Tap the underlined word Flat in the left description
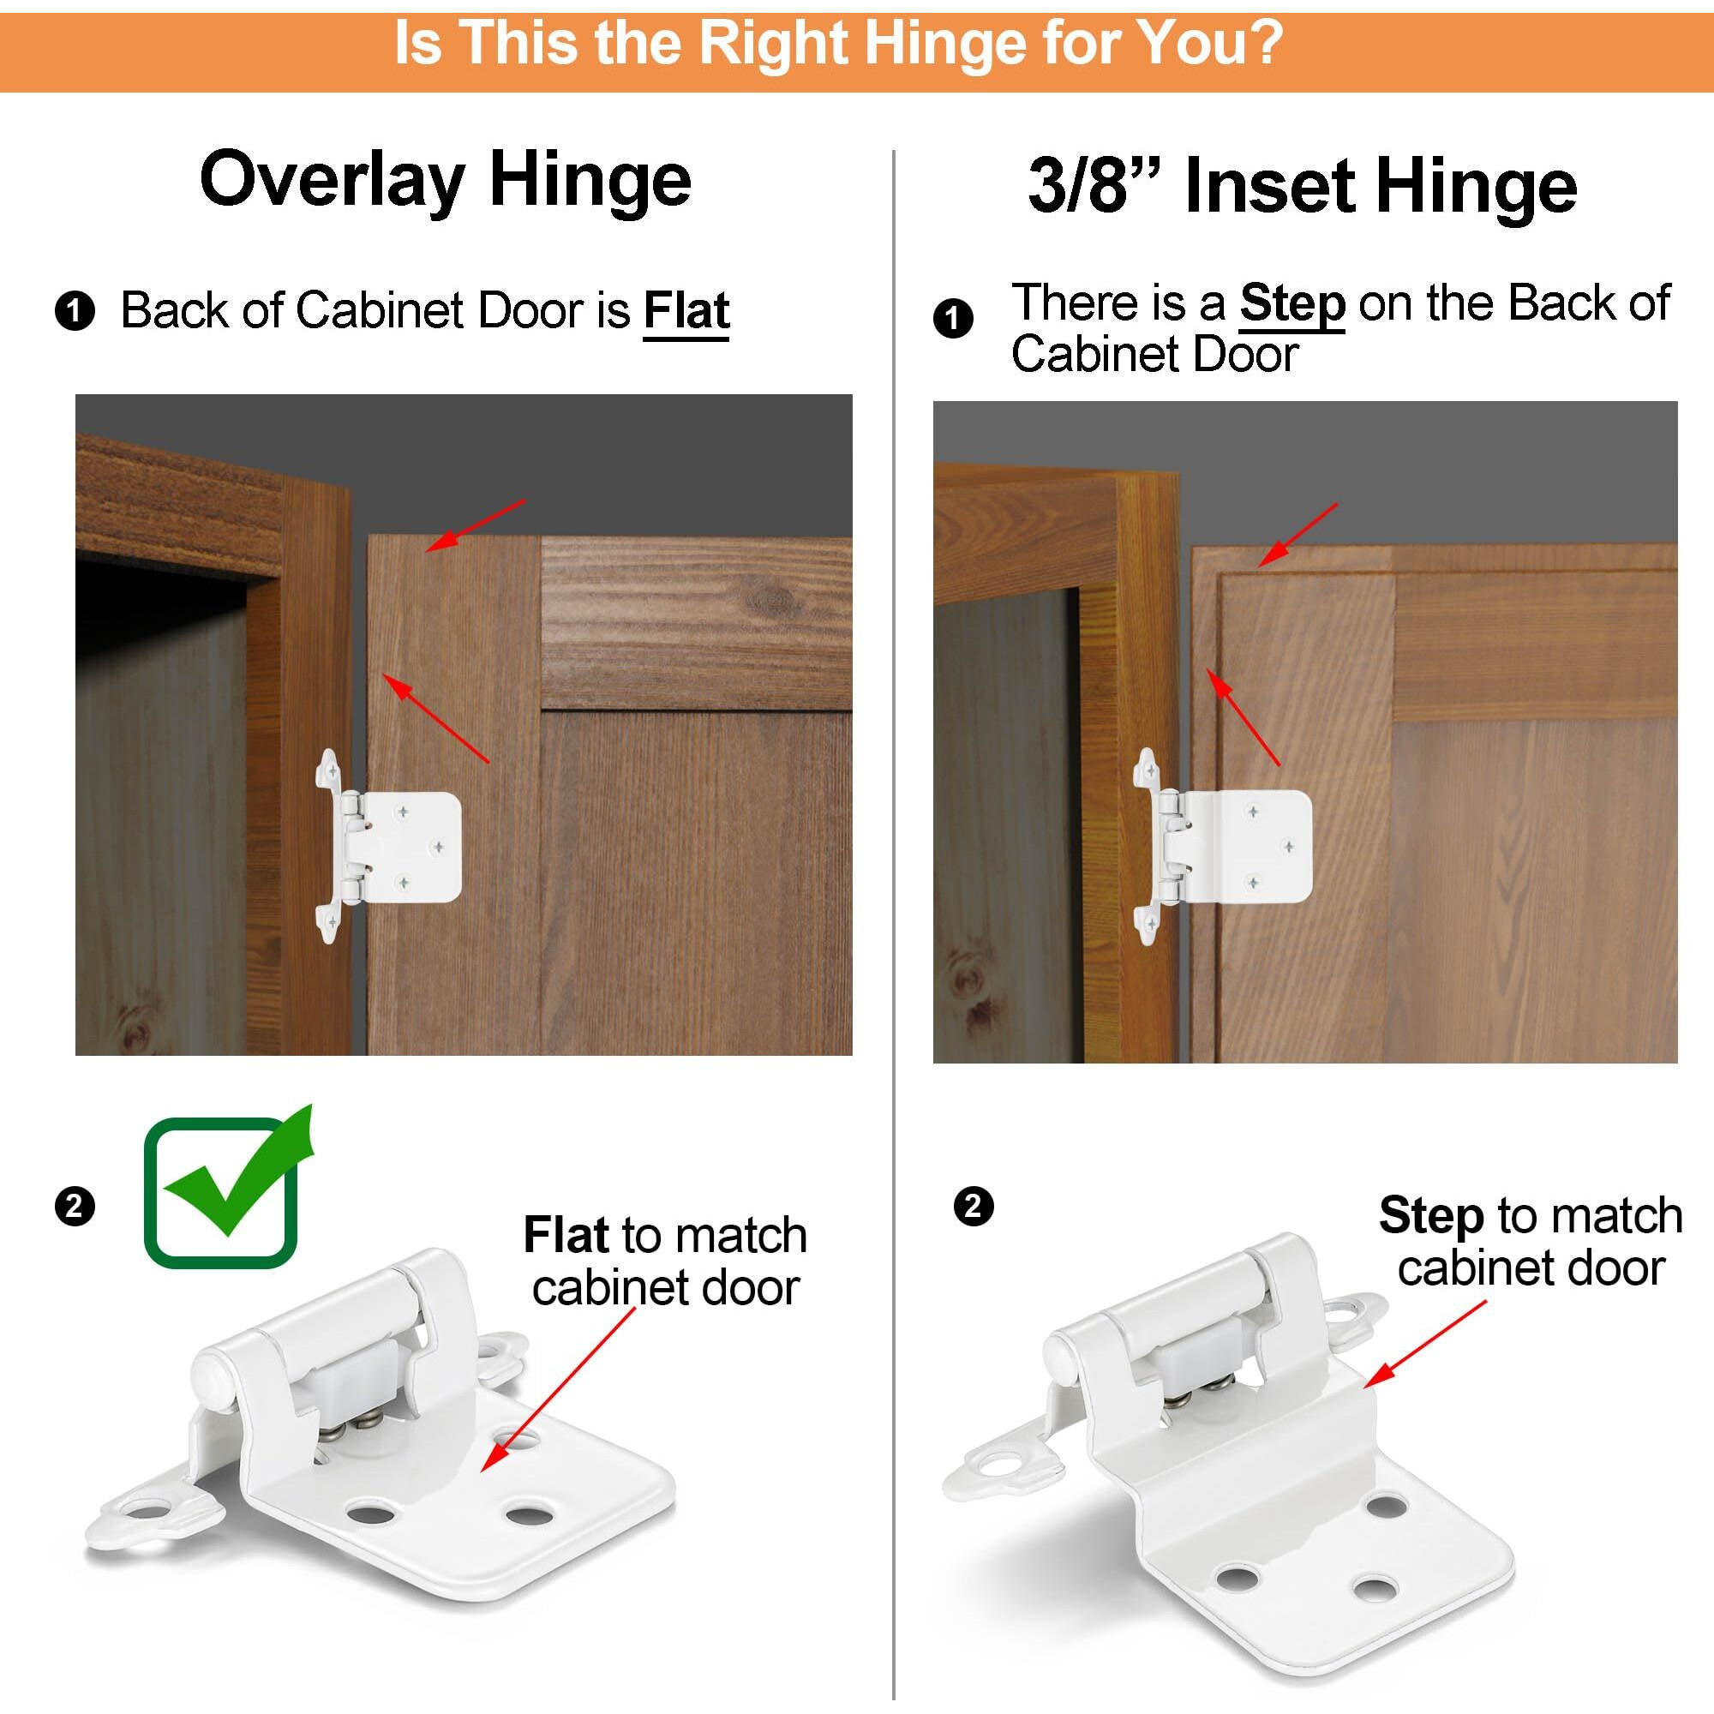click(686, 310)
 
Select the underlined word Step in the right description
click(1291, 303)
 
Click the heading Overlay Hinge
click(446, 180)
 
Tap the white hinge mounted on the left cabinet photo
click(390, 847)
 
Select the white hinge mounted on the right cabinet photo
click(1225, 847)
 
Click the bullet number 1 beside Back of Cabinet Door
click(75, 311)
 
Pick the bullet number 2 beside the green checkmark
click(75, 1207)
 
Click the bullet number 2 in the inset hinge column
click(974, 1207)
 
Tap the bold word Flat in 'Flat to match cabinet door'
click(565, 1235)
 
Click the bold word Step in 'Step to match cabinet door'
click(1431, 1215)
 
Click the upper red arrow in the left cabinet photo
click(476, 525)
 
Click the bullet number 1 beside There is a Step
click(954, 319)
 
